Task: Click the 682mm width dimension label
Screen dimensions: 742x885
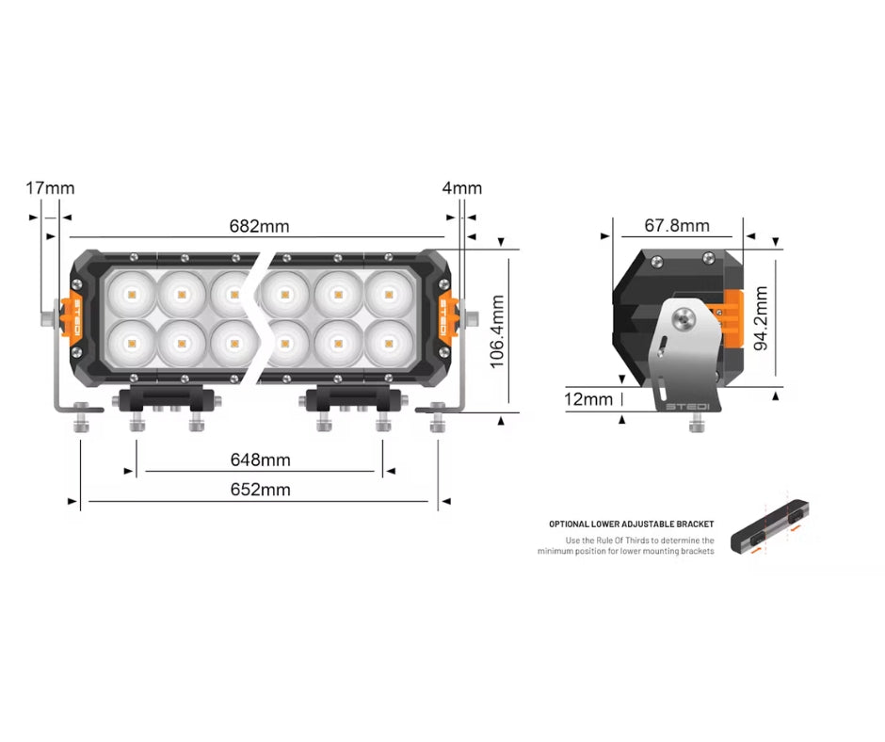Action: point(259,226)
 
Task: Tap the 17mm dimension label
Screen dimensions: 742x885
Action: point(50,188)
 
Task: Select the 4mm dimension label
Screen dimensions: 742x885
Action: point(461,188)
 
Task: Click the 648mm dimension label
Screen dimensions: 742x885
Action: point(261,460)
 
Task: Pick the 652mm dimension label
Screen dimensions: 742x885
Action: point(261,490)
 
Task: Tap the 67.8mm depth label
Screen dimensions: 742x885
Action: point(677,226)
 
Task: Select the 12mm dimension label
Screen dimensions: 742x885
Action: point(589,399)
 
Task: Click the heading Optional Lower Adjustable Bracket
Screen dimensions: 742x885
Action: point(632,524)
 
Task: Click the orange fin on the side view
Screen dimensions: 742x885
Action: point(731,318)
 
